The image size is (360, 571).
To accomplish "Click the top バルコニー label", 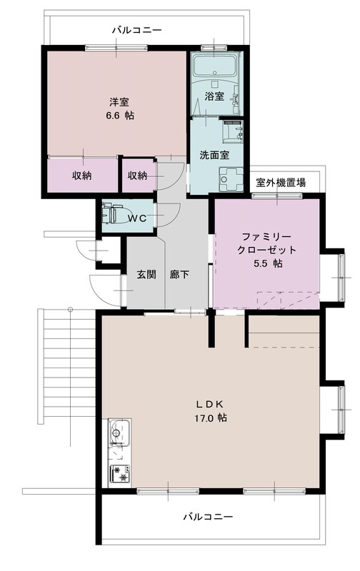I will tap(136, 31).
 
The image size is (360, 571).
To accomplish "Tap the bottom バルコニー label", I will tap(208, 515).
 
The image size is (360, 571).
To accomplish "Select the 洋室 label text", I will tap(118, 101).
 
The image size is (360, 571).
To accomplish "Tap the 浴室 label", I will tap(214, 96).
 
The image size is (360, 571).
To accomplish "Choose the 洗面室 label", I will tap(214, 154).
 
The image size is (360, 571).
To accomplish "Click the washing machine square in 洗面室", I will tap(232, 177).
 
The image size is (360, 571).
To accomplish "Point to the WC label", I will tap(138, 219).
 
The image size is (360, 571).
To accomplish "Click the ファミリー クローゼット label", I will tap(267, 243).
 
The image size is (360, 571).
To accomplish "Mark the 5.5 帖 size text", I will tap(267, 263).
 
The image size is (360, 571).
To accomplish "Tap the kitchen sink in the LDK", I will tap(117, 433).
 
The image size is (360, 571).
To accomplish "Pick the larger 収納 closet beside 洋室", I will tap(81, 176).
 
